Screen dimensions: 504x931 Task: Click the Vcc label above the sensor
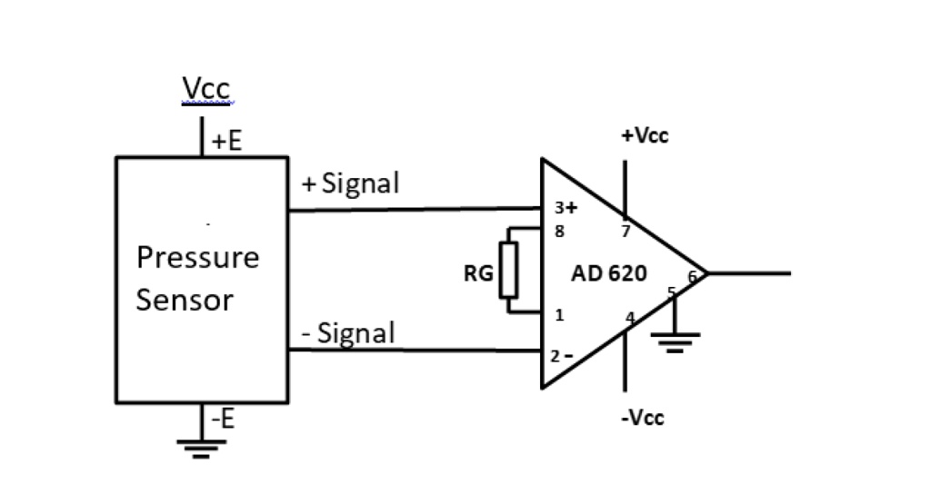(206, 89)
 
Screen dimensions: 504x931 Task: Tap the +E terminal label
(227, 142)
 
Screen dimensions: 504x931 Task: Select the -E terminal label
(224, 420)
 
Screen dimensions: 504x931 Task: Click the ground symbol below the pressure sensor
(201, 446)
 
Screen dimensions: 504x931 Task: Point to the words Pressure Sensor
(197, 279)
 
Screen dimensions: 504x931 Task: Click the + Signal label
(350, 184)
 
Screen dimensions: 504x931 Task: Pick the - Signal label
(349, 333)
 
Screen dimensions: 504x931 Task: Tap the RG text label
(477, 273)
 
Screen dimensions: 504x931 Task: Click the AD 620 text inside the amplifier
(609, 273)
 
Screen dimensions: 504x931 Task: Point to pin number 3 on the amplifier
(559, 208)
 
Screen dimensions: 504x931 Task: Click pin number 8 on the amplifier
(560, 231)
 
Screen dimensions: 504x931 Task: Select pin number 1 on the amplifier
(560, 315)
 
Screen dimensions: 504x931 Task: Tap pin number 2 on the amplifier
(555, 355)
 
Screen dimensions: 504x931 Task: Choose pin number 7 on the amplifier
(626, 232)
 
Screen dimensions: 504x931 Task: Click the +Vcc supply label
(646, 136)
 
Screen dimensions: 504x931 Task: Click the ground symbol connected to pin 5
(675, 341)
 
